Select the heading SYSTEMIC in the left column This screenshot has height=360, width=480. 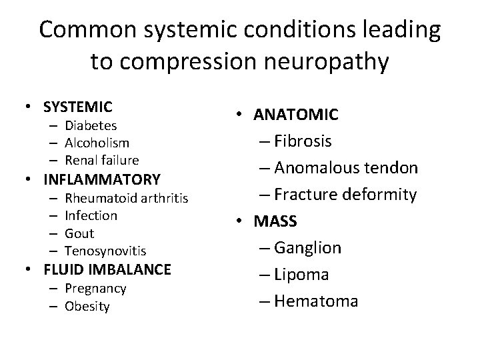(77, 107)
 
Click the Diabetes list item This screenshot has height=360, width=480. (91, 125)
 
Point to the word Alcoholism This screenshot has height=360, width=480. (97, 143)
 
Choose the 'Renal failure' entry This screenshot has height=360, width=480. (101, 160)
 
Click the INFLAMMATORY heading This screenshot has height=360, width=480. (101, 179)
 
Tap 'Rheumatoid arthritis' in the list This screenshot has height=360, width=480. (126, 198)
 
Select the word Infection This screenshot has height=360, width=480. (91, 215)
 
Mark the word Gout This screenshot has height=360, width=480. (79, 233)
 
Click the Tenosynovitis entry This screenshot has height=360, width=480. (105, 251)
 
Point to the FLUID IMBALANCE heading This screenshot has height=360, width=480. (107, 270)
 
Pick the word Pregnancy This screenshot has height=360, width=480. (95, 289)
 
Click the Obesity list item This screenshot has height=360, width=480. (87, 306)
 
